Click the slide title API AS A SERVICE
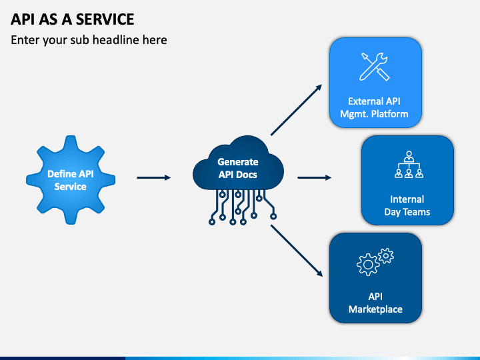(x=73, y=19)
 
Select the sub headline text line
(x=89, y=40)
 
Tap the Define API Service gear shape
(x=71, y=180)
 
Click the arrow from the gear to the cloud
(x=154, y=177)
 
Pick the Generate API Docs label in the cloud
(x=238, y=168)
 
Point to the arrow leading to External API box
(x=296, y=110)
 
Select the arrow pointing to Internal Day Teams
(x=315, y=177)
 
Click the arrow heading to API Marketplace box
(x=297, y=251)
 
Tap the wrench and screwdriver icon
(x=375, y=67)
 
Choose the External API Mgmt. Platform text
(x=374, y=107)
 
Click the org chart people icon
(x=409, y=165)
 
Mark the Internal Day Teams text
(x=407, y=205)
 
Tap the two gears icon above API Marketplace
(x=375, y=262)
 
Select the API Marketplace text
(x=375, y=303)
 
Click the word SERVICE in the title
(x=105, y=19)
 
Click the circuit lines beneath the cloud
(x=243, y=207)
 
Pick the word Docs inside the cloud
(x=247, y=175)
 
